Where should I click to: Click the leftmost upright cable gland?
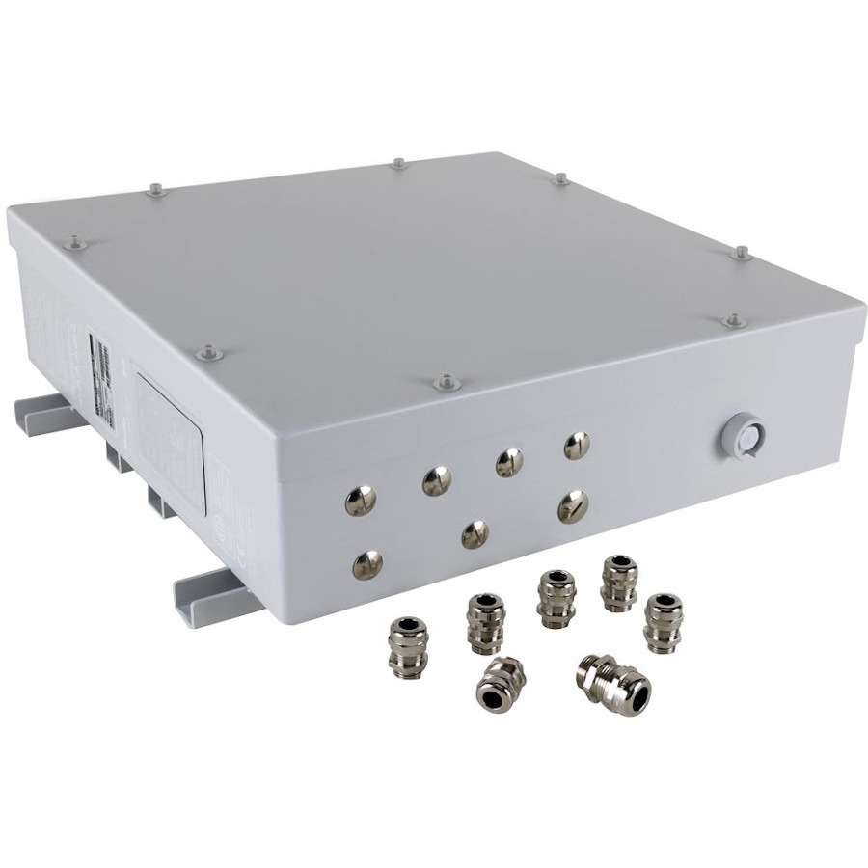tap(406, 644)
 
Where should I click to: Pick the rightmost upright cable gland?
tap(663, 622)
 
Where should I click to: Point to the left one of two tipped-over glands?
tap(500, 683)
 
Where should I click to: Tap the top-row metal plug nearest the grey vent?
tap(576, 445)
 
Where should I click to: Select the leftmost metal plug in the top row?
tap(360, 500)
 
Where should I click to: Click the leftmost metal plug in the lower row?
tap(366, 564)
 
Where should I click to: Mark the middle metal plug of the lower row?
tap(475, 533)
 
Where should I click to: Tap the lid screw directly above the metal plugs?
tap(445, 382)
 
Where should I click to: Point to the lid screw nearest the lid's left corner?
tap(73, 245)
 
